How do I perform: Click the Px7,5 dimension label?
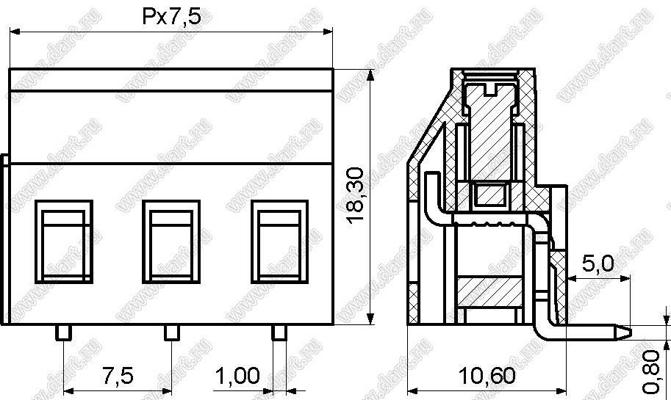tap(171, 18)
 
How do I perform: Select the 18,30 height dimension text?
tap(355, 194)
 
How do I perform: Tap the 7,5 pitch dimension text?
tap(118, 376)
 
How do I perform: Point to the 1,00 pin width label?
tap(237, 376)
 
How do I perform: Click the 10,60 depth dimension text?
tap(487, 376)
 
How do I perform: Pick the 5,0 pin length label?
tap(598, 263)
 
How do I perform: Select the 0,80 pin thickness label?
tap(652, 371)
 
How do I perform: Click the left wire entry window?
tap(64, 241)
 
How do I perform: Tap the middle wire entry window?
tap(171, 241)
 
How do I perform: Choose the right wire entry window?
tap(279, 241)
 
